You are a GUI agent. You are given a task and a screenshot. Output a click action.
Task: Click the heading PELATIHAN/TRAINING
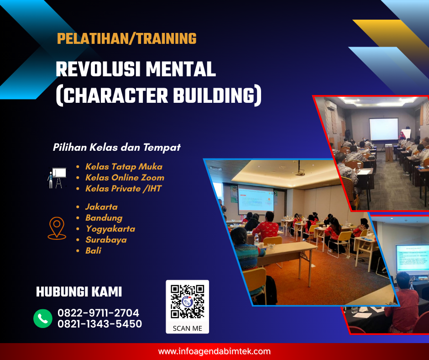126,39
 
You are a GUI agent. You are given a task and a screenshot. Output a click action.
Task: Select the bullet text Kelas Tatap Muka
124,167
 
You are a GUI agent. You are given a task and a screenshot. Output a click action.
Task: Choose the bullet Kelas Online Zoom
125,178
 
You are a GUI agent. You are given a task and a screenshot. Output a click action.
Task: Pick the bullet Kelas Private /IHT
123,189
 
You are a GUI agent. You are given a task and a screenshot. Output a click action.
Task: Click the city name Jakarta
101,207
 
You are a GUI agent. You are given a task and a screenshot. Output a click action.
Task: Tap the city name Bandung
104,218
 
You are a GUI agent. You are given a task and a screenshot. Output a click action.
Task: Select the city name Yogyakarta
110,229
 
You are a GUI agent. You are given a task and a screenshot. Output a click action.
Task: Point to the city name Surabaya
106,240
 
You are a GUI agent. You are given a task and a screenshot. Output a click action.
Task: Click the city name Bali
93,251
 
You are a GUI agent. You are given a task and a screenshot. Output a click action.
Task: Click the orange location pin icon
57,228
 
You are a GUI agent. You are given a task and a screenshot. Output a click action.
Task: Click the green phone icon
43,318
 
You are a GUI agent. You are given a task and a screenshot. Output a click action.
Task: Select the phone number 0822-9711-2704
98,313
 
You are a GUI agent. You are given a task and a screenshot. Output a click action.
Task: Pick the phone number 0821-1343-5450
99,324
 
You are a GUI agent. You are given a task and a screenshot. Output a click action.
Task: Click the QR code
187,301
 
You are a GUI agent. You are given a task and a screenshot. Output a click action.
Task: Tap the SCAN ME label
187,328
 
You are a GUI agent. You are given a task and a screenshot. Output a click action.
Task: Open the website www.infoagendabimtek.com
214,352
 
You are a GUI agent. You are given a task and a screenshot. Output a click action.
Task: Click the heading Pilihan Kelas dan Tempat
117,148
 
